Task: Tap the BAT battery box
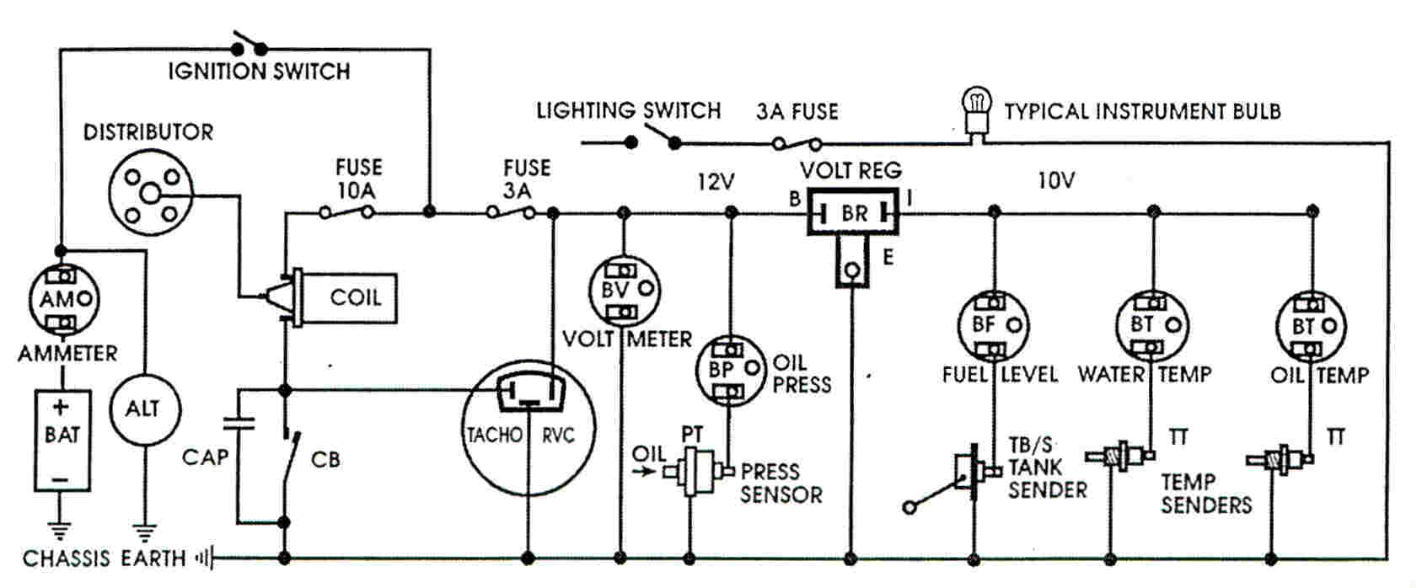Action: click(x=62, y=440)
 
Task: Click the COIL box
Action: click(x=354, y=297)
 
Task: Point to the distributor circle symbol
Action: click(x=151, y=195)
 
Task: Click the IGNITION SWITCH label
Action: click(x=259, y=71)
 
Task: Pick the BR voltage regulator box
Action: click(x=853, y=213)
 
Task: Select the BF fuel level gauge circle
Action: click(x=994, y=325)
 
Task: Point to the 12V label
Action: click(x=716, y=182)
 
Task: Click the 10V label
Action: click(x=1055, y=180)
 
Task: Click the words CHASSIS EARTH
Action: click(x=104, y=559)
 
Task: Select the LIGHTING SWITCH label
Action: click(x=628, y=110)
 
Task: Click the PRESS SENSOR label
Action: click(x=781, y=483)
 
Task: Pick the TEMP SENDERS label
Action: click(x=1205, y=494)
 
